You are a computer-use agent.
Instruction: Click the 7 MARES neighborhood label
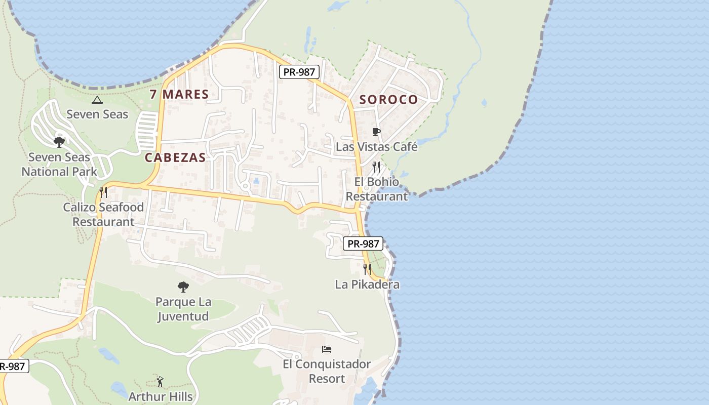click(x=179, y=94)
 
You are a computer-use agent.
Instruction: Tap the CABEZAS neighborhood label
click(x=175, y=157)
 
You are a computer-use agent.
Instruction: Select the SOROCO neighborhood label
click(x=388, y=99)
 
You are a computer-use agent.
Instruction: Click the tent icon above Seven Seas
click(x=97, y=100)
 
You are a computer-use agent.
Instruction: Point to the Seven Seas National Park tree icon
click(x=59, y=142)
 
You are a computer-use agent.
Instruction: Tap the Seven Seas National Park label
click(x=59, y=165)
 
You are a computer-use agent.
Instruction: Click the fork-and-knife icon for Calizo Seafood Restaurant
click(x=103, y=192)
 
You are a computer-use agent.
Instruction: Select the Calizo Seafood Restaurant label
click(x=103, y=214)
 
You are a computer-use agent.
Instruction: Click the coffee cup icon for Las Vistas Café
click(x=376, y=132)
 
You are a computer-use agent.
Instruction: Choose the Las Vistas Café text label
click(x=377, y=147)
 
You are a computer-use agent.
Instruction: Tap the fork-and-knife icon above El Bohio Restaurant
click(x=376, y=167)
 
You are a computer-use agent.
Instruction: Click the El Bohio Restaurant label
click(x=377, y=189)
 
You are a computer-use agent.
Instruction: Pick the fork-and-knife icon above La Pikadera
click(x=367, y=269)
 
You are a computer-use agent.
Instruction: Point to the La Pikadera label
click(x=367, y=285)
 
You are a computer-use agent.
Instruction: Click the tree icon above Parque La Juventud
click(x=183, y=287)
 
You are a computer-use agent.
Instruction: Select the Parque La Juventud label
click(x=183, y=309)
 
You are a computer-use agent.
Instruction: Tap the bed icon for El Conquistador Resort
click(x=327, y=349)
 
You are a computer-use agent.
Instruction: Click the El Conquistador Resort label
click(x=327, y=371)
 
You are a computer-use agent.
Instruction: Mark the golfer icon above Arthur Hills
click(x=161, y=381)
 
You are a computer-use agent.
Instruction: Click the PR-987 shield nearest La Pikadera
click(x=364, y=244)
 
